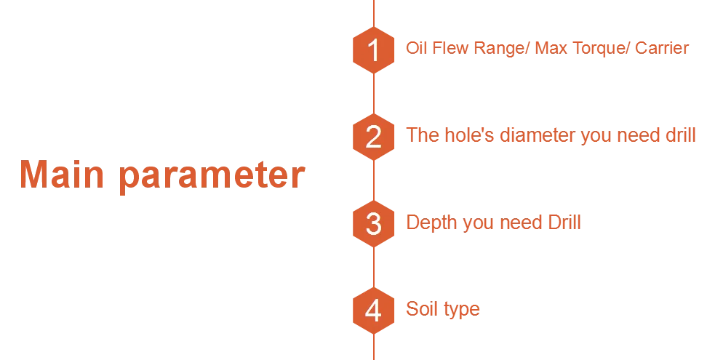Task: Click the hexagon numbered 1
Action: pos(373,50)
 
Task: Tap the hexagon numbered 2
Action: pos(373,137)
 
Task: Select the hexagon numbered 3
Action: pos(373,223)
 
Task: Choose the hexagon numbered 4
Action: pos(373,311)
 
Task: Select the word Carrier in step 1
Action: pos(661,49)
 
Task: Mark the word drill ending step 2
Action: pos(682,135)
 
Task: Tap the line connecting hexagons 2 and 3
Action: pos(374,180)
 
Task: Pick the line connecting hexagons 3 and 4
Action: pos(374,267)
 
